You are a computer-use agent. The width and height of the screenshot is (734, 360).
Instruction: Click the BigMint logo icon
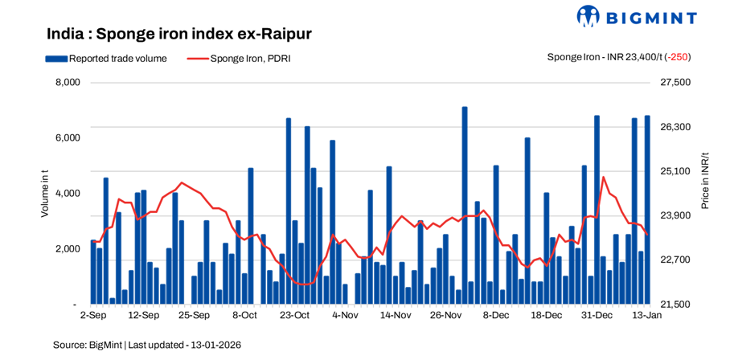point(588,16)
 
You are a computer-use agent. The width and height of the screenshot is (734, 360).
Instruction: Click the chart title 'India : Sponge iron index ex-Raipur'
point(178,35)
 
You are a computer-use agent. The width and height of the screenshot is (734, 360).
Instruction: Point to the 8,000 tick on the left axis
point(68,83)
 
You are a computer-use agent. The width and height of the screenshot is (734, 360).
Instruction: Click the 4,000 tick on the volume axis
point(68,194)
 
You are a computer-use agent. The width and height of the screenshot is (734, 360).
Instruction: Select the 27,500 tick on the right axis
point(675,83)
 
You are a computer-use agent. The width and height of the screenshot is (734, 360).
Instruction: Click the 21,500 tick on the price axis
point(675,305)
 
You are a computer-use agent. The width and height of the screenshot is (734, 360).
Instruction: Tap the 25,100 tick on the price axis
point(675,172)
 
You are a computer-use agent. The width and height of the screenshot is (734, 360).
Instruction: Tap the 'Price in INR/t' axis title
point(705,180)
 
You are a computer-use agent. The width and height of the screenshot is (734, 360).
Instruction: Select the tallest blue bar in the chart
point(465,205)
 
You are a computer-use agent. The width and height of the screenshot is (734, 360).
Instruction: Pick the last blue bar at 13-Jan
point(647,210)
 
